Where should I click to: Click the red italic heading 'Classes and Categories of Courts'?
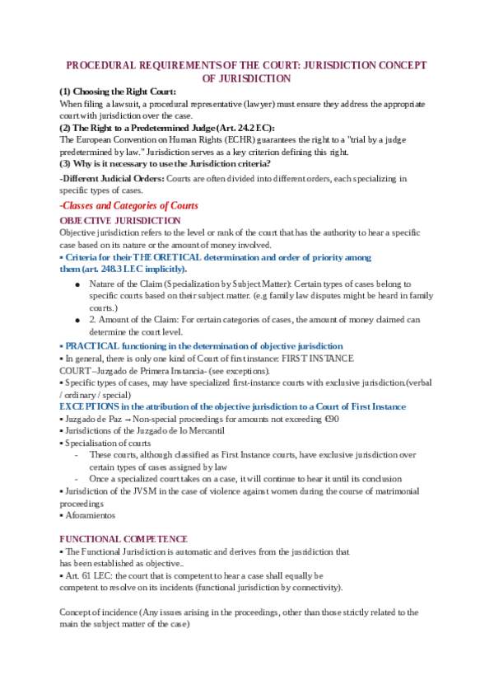tap(131, 205)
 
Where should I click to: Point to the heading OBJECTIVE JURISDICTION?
tap(120, 220)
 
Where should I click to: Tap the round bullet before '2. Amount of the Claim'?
tap(76, 319)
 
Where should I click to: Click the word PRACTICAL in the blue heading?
tap(93, 345)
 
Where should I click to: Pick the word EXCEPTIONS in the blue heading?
tap(90, 406)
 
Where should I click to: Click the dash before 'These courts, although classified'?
tap(77, 455)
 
